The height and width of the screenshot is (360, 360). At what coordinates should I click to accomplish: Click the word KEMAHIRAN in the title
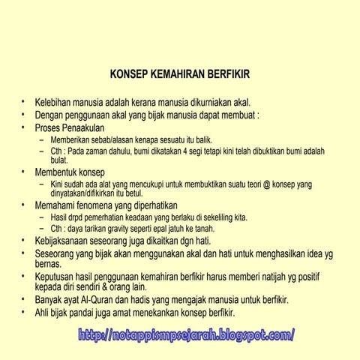tap(180, 75)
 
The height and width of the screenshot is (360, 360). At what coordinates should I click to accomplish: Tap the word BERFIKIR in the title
tap(229, 75)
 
